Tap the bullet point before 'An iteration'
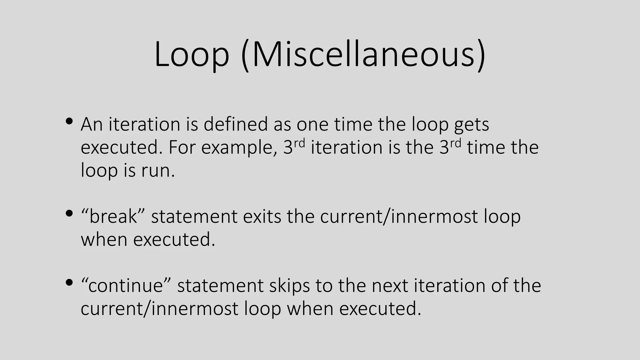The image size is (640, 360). [x=69, y=121]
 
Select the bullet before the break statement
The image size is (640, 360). [x=69, y=214]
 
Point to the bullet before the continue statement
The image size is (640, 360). [x=69, y=283]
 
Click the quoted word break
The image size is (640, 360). [x=113, y=216]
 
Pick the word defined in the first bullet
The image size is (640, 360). [x=236, y=124]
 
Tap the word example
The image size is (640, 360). [x=237, y=147]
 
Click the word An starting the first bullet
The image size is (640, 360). [x=92, y=124]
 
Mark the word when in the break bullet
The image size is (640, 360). [x=104, y=240]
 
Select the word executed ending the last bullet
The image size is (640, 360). [x=380, y=308]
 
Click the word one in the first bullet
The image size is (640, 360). [x=312, y=125]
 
